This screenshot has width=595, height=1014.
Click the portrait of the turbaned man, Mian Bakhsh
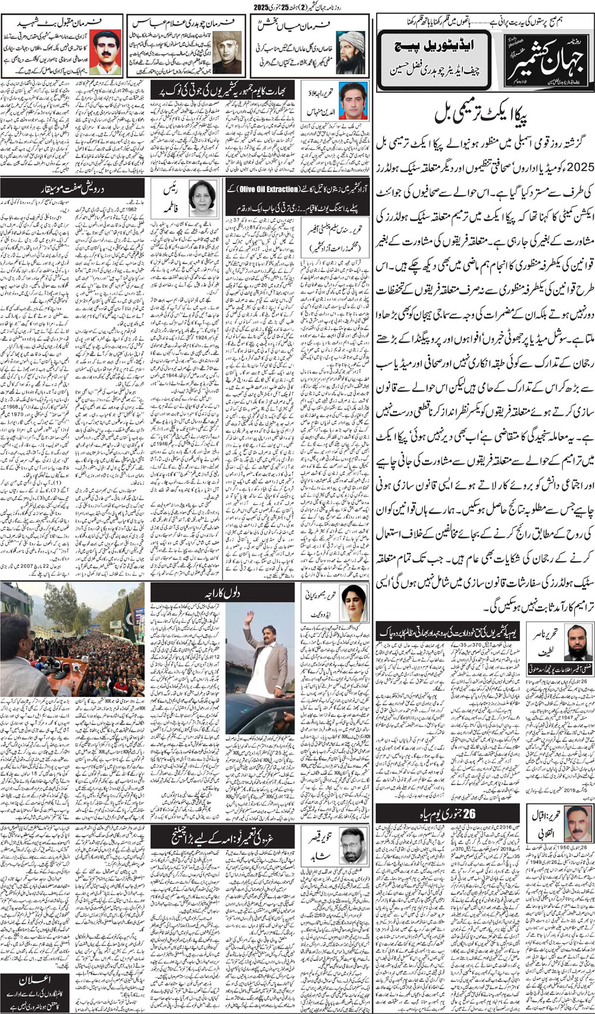click(351, 52)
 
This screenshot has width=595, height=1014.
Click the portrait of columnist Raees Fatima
click(202, 198)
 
